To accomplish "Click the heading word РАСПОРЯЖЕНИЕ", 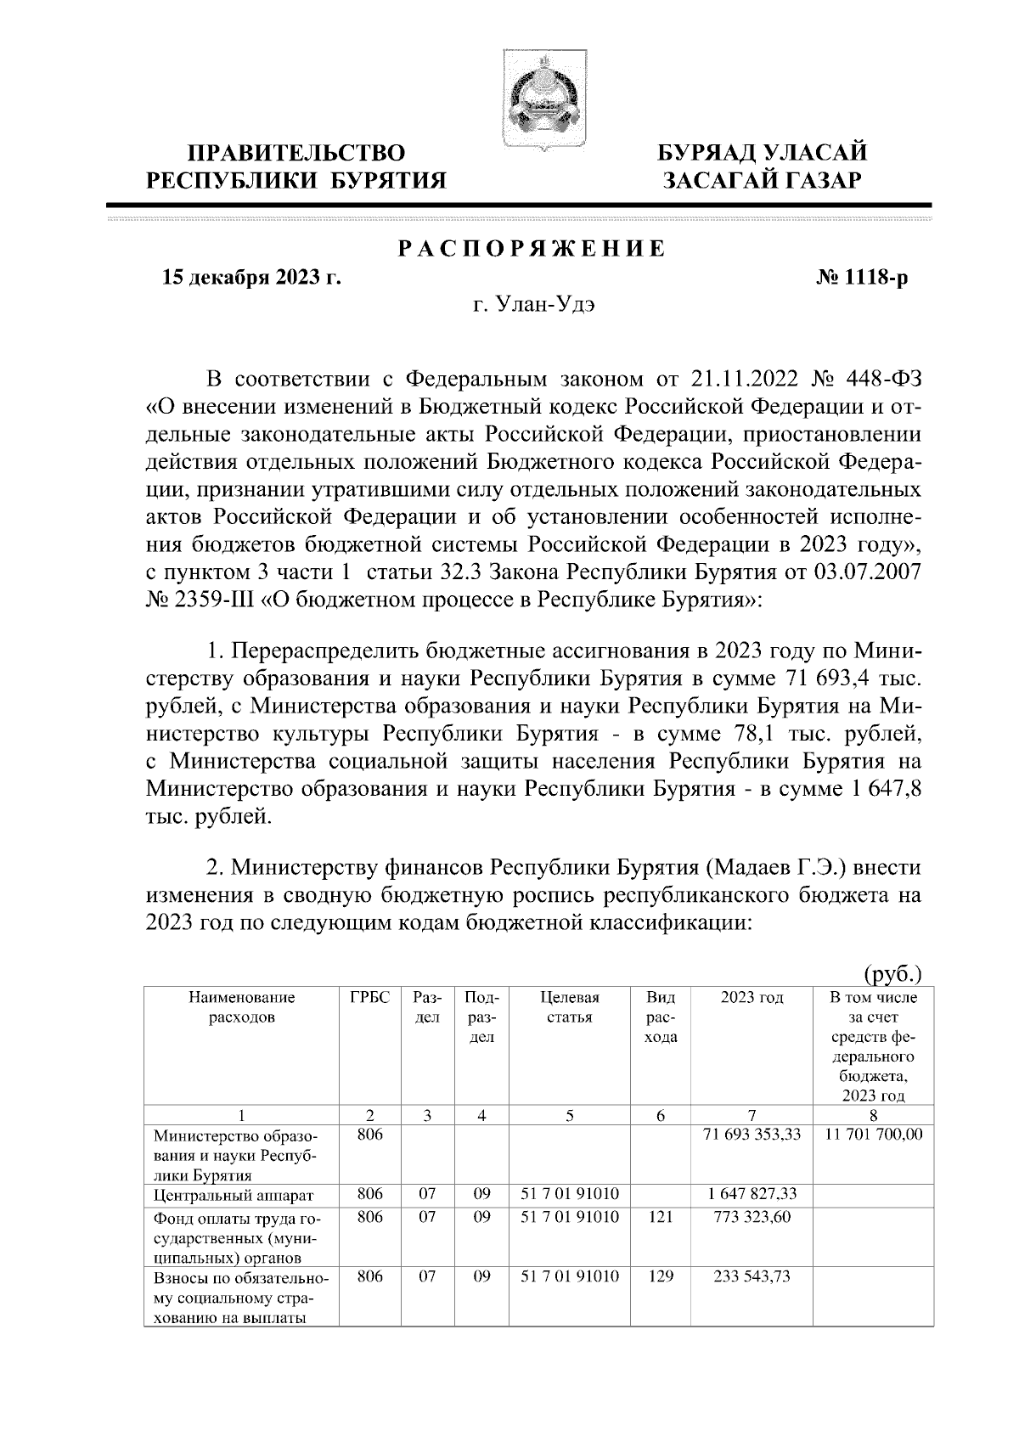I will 532,250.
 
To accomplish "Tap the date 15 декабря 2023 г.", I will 251,278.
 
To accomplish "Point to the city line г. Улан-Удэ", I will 533,306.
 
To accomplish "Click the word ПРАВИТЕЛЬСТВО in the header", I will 296,154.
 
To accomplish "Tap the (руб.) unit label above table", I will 892,972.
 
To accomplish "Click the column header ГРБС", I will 369,998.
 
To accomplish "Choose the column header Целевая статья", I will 569,1008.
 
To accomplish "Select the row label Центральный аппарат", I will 234,1195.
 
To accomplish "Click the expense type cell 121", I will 660,1217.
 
